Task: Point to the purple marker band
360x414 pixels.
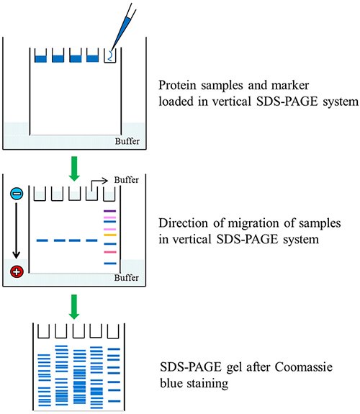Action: [x=109, y=210]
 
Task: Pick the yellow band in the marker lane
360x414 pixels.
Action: [x=109, y=235]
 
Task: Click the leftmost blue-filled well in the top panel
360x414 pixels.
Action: [x=40, y=57]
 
